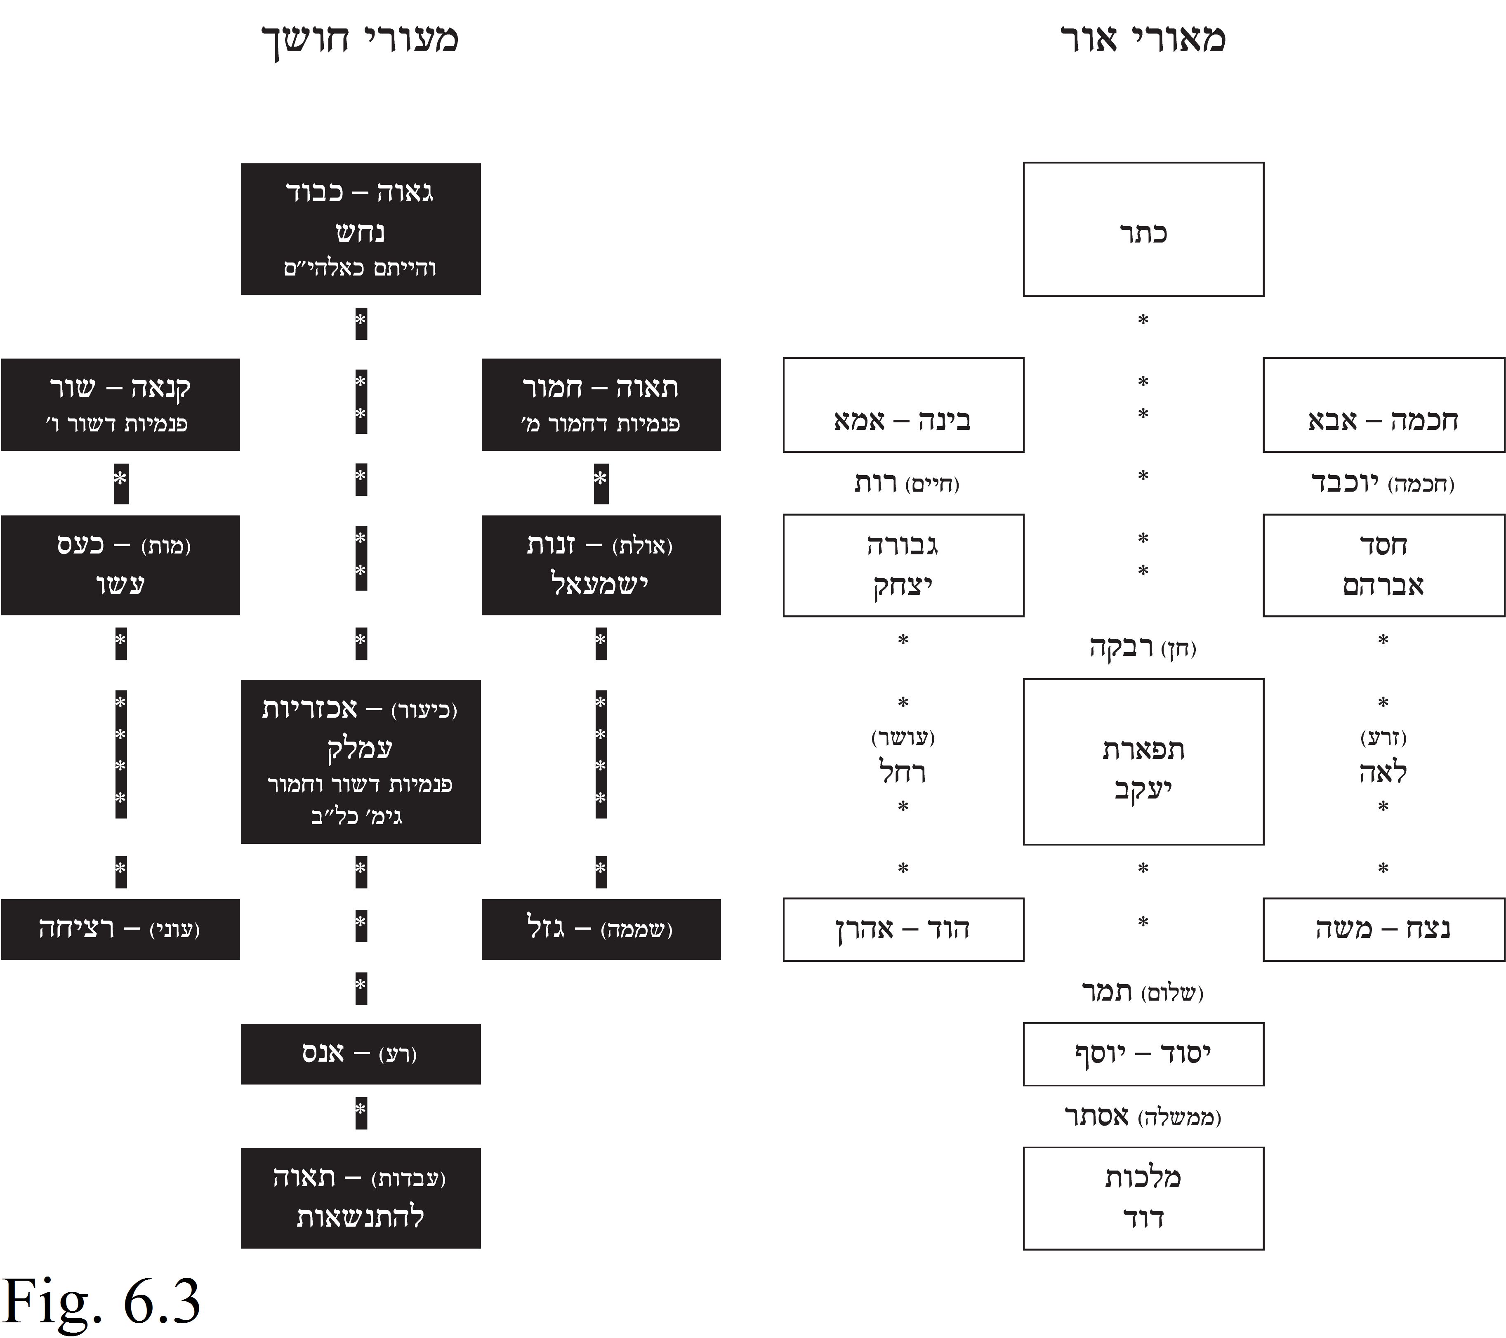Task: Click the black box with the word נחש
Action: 361,229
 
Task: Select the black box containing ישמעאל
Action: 601,565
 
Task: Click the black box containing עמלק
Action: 361,762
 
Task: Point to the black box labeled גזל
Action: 601,929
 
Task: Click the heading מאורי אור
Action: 1143,38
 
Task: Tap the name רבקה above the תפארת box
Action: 1122,647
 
